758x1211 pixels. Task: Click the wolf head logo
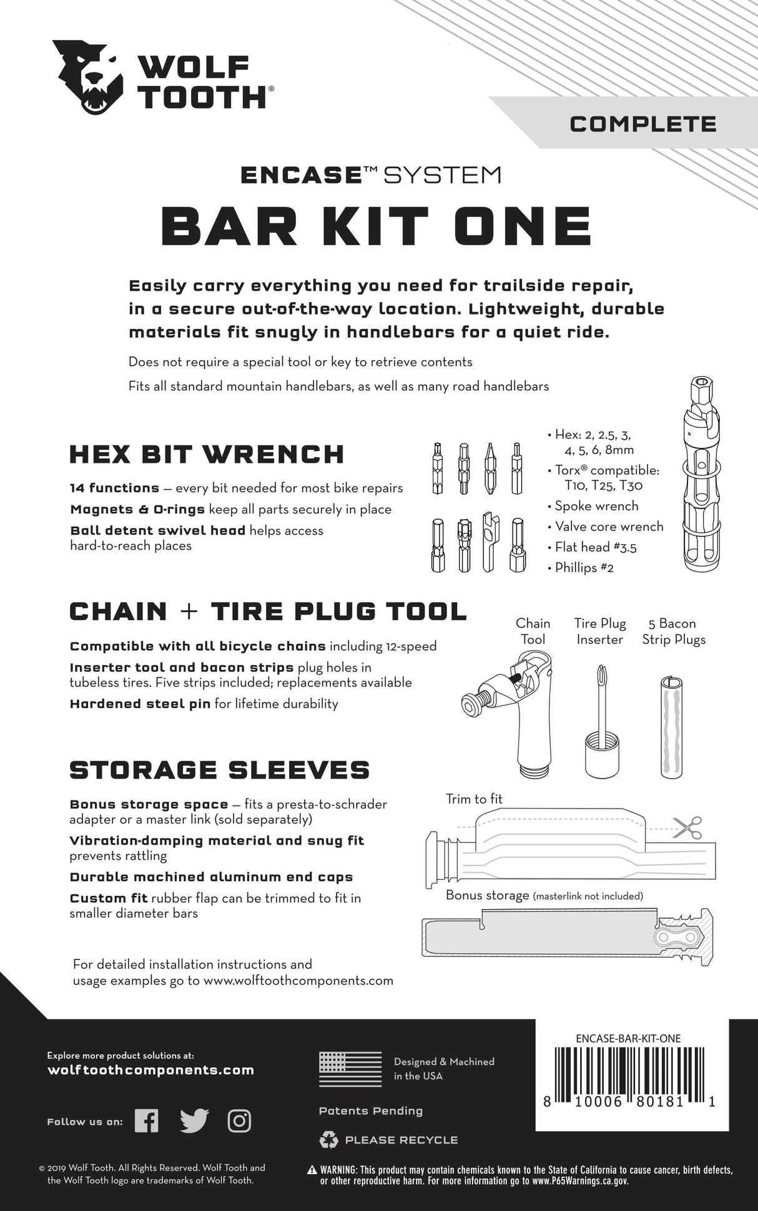(x=89, y=77)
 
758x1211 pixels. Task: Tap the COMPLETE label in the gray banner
(x=642, y=124)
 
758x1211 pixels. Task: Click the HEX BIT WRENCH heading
(x=206, y=454)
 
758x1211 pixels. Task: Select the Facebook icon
(x=147, y=1121)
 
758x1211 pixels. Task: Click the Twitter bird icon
(x=194, y=1121)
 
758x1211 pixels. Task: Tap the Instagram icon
(x=239, y=1121)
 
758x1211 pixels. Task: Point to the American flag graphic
(x=350, y=1069)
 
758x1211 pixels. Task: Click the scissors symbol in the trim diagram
(x=687, y=828)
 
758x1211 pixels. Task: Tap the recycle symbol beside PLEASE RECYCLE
(x=328, y=1140)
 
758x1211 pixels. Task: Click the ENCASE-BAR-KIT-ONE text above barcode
(x=628, y=1039)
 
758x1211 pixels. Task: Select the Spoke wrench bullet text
(x=596, y=506)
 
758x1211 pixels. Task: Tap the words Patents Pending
(x=370, y=1111)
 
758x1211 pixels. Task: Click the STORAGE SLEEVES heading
(x=219, y=770)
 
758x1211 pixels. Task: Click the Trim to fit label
(x=474, y=799)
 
